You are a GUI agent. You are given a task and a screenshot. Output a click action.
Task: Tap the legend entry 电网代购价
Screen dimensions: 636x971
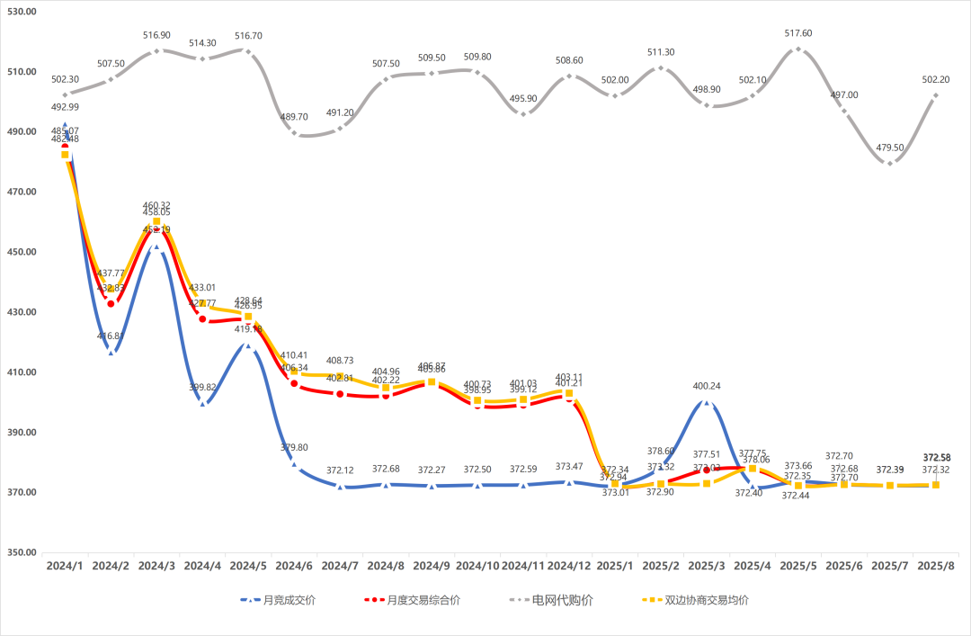[562, 600]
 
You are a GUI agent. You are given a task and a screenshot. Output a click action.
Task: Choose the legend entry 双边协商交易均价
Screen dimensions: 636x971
[706, 600]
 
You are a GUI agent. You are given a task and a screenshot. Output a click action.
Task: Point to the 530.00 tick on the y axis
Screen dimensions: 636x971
[19, 11]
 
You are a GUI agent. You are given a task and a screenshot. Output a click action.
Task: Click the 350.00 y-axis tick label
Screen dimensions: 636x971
[19, 553]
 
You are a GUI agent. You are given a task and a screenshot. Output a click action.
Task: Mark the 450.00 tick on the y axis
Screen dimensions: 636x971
[19, 252]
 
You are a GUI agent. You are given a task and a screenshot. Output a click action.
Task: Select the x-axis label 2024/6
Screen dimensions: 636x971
[294, 567]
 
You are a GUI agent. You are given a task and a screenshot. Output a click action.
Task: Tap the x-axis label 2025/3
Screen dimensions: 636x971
[707, 567]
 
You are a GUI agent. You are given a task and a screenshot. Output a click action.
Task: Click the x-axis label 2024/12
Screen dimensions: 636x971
[569, 567]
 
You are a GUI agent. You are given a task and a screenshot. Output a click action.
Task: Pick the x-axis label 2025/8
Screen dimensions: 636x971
[936, 567]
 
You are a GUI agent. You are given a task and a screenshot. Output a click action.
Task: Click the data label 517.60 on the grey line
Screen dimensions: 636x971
[798, 33]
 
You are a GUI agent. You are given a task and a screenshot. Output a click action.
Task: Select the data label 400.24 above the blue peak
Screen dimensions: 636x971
[707, 386]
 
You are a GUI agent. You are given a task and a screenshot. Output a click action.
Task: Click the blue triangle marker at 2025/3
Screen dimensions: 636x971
[707, 403]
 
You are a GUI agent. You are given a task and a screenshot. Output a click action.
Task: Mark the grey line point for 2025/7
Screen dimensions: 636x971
[890, 163]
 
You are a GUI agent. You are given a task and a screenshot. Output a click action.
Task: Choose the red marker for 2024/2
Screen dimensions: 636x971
[111, 303]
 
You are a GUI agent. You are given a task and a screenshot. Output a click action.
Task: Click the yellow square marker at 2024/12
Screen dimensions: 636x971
[569, 393]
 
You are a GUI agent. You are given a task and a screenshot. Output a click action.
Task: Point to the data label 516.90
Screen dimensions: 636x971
[156, 35]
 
